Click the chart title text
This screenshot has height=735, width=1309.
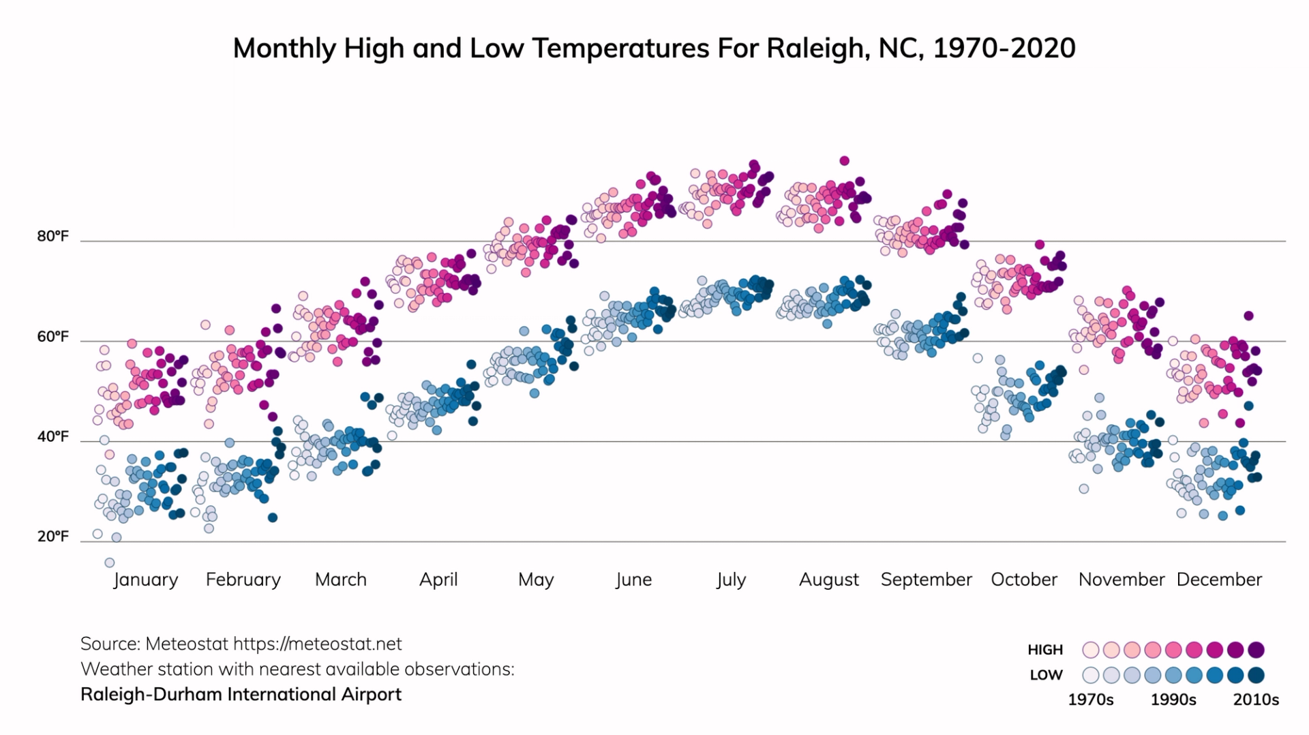tap(654, 48)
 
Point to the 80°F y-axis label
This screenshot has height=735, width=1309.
tap(52, 237)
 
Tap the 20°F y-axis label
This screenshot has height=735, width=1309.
tap(52, 537)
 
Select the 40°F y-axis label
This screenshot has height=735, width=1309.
tap(52, 436)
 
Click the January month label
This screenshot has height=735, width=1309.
tap(145, 580)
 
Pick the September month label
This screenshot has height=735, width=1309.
tap(926, 580)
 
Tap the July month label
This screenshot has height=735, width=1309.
tap(731, 580)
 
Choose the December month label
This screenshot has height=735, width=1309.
tap(1219, 580)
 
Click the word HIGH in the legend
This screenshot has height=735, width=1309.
tap(1045, 650)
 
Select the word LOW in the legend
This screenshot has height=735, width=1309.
tap(1046, 675)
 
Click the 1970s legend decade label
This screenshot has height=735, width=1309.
tap(1090, 700)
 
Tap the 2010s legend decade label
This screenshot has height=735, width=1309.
tap(1256, 700)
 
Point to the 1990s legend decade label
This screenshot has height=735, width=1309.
tap(1173, 700)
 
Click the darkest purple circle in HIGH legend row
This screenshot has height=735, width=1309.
tap(1256, 650)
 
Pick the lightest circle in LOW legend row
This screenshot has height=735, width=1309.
tap(1091, 675)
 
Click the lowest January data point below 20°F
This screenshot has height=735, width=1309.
tap(109, 562)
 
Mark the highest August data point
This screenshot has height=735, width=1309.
tap(844, 161)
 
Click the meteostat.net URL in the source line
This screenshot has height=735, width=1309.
tap(317, 644)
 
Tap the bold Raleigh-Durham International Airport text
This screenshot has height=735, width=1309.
tap(241, 694)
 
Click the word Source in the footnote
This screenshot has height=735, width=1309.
tap(109, 644)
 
